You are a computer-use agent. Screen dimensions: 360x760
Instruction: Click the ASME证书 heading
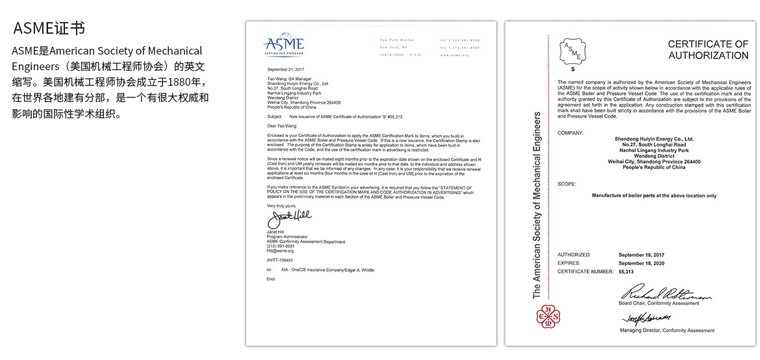(x=49, y=29)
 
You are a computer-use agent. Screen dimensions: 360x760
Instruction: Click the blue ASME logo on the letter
(x=283, y=46)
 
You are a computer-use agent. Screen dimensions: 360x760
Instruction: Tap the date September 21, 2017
(x=286, y=68)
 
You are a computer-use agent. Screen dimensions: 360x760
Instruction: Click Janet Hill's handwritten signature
(x=290, y=216)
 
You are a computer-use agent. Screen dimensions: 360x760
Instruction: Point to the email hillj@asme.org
(x=280, y=251)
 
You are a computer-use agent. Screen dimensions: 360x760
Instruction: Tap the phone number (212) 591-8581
(x=281, y=246)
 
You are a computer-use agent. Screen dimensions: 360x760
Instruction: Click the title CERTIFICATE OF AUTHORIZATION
(x=708, y=49)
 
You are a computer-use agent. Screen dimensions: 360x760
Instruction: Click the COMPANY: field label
(x=570, y=133)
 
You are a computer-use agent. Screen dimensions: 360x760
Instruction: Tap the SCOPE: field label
(x=567, y=184)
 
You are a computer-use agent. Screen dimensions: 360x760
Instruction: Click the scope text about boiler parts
(x=654, y=196)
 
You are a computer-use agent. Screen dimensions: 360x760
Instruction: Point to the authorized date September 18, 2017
(x=641, y=255)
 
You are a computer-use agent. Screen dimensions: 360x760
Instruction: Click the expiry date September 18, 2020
(x=641, y=263)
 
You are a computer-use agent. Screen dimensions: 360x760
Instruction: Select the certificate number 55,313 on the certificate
(x=626, y=272)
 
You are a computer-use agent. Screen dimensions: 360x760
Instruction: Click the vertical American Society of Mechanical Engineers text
(x=537, y=205)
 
